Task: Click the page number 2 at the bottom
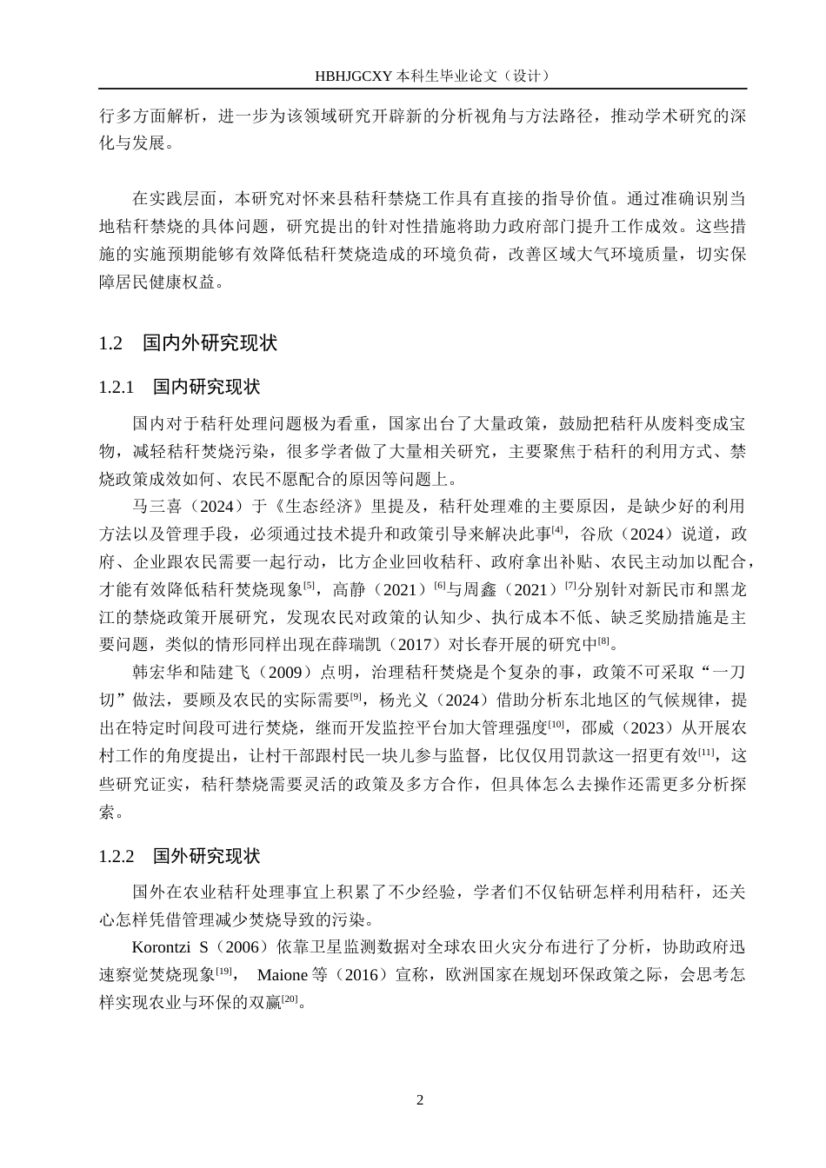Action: (420, 1100)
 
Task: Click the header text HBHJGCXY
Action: (354, 76)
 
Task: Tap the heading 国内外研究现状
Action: (210, 343)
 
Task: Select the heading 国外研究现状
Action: (207, 856)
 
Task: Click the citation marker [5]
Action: (309, 585)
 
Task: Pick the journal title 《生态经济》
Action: (326, 506)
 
